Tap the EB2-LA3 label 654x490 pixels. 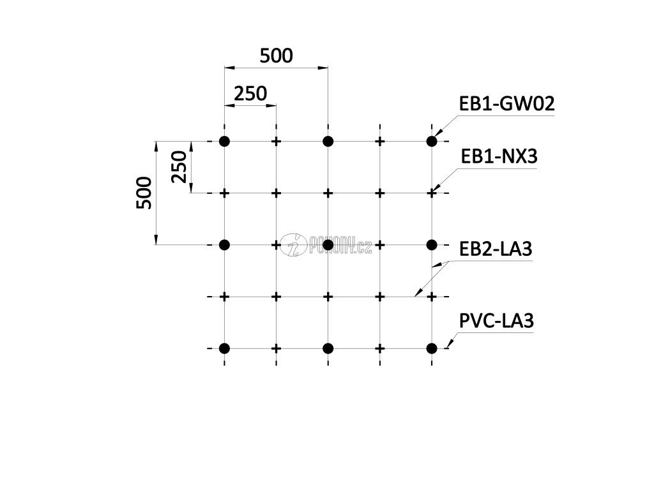(496, 249)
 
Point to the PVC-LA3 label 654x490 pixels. (496, 322)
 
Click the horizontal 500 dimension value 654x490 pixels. (276, 56)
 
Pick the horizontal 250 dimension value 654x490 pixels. (250, 94)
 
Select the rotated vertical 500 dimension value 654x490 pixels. (144, 193)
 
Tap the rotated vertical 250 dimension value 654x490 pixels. (179, 167)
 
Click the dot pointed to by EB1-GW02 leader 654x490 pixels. (432, 141)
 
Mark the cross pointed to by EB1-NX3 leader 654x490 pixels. (432, 193)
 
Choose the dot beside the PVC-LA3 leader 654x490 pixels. (432, 348)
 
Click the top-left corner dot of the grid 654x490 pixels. (224, 141)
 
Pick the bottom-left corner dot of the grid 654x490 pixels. (224, 348)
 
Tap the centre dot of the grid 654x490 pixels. (328, 244)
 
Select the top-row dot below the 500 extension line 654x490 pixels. (328, 141)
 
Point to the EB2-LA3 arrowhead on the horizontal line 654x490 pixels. (416, 294)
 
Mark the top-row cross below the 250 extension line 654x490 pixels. (276, 141)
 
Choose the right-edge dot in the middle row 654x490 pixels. (432, 244)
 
